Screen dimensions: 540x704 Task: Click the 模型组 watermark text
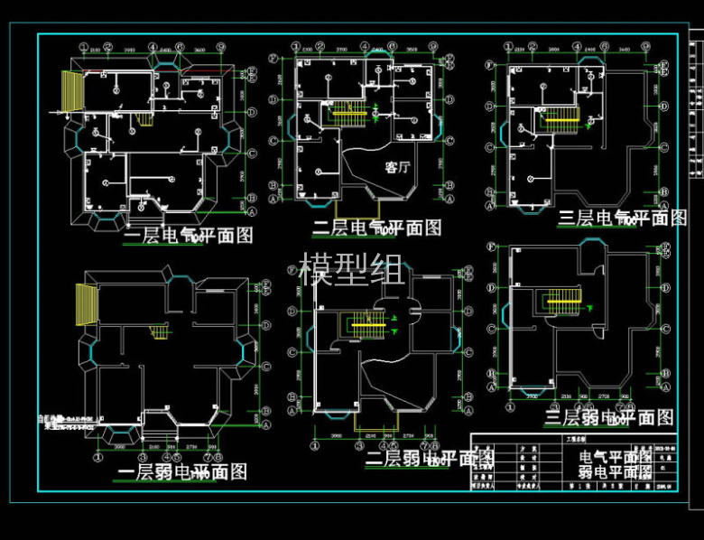(x=351, y=270)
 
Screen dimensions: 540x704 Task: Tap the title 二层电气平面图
(x=376, y=228)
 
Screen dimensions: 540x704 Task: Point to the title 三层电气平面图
(x=622, y=218)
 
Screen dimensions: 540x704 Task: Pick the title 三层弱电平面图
(x=609, y=417)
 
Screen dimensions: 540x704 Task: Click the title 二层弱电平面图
(x=430, y=458)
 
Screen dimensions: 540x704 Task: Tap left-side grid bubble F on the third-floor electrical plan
(x=490, y=65)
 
